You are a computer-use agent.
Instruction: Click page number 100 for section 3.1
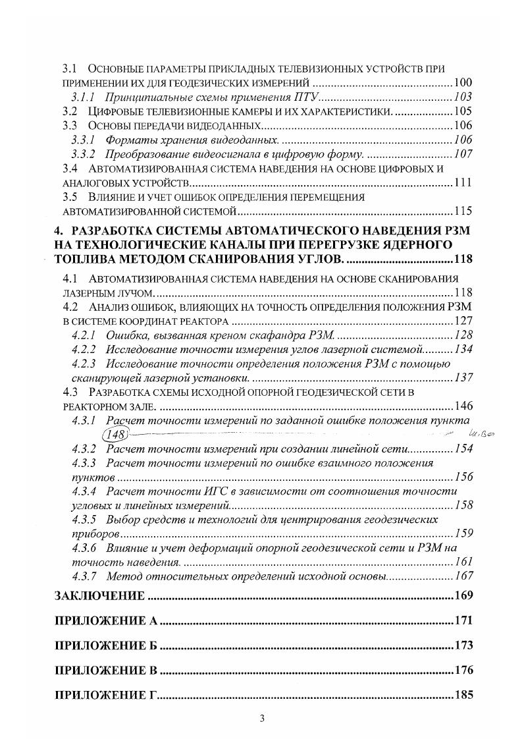click(x=463, y=84)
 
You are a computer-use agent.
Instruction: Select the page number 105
click(x=463, y=111)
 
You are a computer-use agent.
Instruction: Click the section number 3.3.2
click(x=84, y=154)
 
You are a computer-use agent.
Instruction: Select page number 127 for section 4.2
click(x=463, y=321)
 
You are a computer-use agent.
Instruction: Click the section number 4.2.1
click(x=84, y=335)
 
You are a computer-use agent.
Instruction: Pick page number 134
click(x=463, y=349)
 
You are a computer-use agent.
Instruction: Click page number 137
click(x=463, y=378)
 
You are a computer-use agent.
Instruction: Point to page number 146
click(x=463, y=406)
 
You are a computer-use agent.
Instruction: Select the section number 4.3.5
click(x=84, y=520)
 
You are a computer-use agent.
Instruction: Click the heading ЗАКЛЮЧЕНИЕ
click(x=99, y=597)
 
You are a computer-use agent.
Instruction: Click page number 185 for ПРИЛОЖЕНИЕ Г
click(x=463, y=696)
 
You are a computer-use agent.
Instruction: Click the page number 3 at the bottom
click(x=261, y=719)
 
